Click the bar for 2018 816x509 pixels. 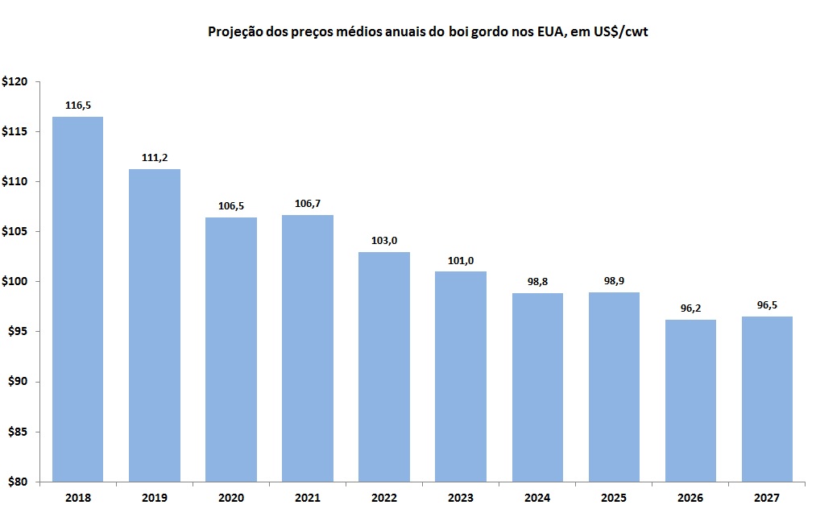pos(77,299)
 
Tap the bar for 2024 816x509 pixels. pos(537,387)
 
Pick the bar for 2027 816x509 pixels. pos(767,399)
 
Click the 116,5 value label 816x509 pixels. pos(77,105)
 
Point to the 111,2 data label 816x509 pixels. pos(154,158)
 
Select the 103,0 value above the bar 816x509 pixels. pos(384,240)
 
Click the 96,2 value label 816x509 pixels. pos(690,308)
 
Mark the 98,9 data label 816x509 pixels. pos(614,280)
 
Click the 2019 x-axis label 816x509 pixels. pos(154,498)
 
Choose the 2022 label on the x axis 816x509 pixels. pos(384,498)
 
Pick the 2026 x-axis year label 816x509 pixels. pos(690,498)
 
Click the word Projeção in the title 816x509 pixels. pos(235,32)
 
